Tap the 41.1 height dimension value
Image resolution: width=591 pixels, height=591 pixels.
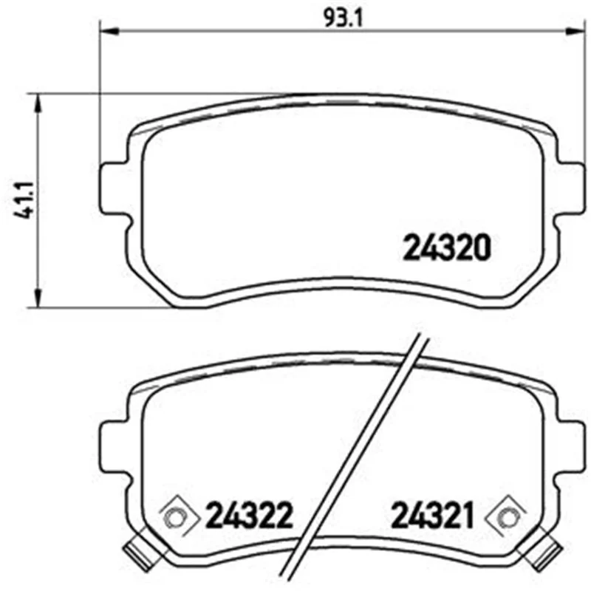[24, 199]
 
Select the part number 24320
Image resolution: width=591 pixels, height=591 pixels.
[447, 247]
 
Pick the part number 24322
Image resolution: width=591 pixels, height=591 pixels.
[249, 515]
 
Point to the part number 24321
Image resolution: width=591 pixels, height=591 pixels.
[432, 515]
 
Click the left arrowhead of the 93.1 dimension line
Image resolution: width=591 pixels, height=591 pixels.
[109, 31]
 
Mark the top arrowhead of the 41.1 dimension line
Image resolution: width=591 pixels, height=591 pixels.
[38, 103]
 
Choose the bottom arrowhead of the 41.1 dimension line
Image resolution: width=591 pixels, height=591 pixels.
[38, 298]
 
